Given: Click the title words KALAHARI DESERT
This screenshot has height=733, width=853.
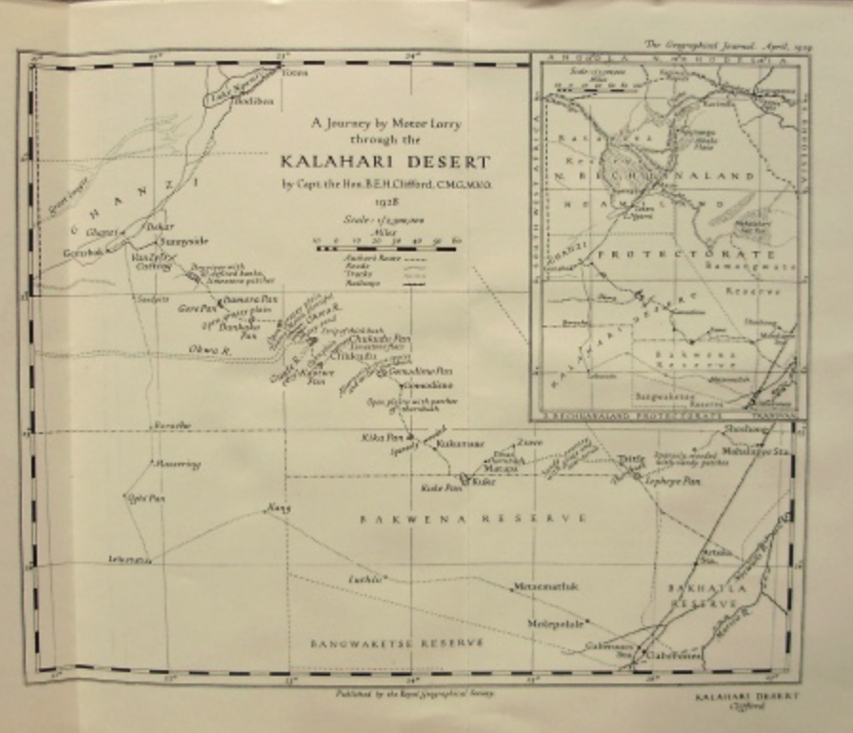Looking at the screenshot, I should pyautogui.click(x=386, y=162).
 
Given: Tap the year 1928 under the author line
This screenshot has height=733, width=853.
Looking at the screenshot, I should pyautogui.click(x=386, y=202).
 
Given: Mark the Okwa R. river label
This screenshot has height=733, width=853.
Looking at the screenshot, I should pyautogui.click(x=204, y=349).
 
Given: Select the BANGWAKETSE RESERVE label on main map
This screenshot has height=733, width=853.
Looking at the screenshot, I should pyautogui.click(x=397, y=643).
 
